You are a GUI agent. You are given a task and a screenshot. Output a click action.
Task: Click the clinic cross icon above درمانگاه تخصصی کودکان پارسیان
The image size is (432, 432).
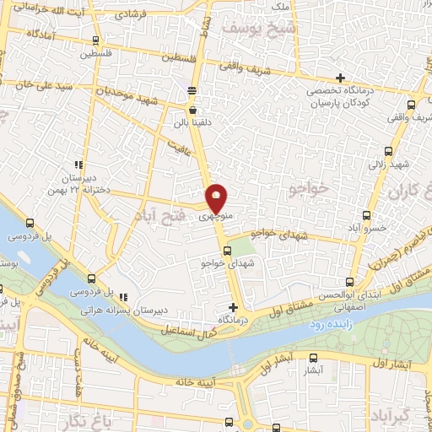pos(340,78)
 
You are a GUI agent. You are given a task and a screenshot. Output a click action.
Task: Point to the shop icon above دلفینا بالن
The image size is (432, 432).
pos(193,110)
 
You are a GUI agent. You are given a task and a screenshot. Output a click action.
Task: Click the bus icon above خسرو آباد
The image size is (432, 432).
pos(366,215)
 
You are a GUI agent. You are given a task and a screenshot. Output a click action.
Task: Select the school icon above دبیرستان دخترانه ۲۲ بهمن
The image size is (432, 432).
pos(78,165)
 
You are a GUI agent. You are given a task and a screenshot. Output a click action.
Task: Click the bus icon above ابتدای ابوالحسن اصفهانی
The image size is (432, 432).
pos(349,283)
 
